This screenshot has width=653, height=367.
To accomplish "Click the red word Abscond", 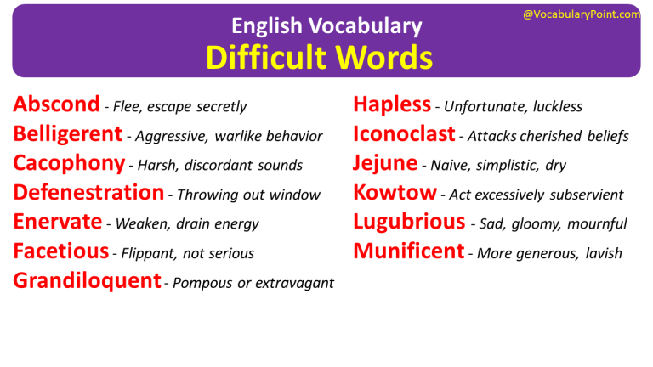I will (56, 105).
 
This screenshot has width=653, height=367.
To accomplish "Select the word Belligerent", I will (68, 134).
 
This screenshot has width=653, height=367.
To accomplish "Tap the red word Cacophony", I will (69, 164).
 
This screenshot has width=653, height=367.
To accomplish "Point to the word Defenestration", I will (88, 193).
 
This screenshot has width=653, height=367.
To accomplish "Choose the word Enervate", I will (58, 223).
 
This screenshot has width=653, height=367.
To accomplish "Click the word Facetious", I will (61, 251).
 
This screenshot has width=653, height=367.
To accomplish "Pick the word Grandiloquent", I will (87, 281).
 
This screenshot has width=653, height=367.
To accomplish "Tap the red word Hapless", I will (392, 105).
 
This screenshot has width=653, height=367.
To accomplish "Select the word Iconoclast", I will (404, 134).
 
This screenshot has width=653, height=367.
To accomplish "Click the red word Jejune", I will (385, 164).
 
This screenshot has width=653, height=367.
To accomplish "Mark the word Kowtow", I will (395, 193).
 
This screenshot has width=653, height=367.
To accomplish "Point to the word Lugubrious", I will (409, 223).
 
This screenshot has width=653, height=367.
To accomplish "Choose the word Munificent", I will (409, 251).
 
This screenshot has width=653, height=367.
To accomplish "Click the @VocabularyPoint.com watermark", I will (582, 14).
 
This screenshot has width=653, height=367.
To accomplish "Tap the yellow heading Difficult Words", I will (320, 57).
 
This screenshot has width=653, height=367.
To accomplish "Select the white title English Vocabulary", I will (326, 26).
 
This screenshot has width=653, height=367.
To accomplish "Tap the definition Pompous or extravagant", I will (253, 284).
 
